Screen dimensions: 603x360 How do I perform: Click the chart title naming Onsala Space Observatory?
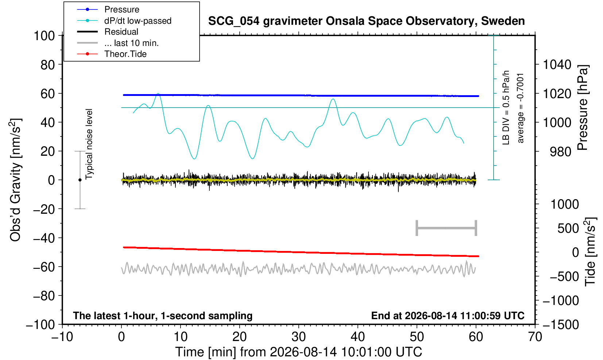coord(366,21)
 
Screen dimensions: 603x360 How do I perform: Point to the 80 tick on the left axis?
coord(48,65)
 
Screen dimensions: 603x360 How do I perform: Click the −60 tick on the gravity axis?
coord(44,267)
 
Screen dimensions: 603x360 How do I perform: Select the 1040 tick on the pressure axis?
coord(557,65)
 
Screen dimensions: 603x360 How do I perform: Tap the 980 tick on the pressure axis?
coord(560,152)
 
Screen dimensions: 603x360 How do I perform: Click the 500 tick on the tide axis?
coord(568,229)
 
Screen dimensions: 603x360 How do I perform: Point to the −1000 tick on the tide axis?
coord(561,301)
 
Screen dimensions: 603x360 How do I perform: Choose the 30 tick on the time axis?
coord(298,337)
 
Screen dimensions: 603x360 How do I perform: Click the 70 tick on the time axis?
coord(535,337)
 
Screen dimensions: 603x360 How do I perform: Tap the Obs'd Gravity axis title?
coord(16,180)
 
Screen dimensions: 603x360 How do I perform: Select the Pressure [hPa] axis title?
coord(583,108)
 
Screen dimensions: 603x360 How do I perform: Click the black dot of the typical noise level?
coord(80,180)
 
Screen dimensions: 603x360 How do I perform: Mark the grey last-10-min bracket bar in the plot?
coord(447,228)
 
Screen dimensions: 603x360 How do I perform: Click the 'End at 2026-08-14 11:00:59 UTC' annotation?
coord(448,316)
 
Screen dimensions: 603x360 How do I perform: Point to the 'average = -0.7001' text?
coord(521,108)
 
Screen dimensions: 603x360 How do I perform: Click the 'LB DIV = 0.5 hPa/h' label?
coord(506,108)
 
